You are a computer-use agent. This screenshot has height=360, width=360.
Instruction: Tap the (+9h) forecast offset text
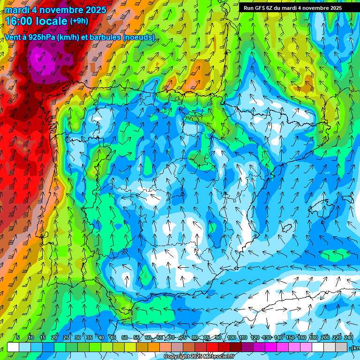[79, 21]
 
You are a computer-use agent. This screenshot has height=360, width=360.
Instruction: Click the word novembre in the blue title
[60, 9]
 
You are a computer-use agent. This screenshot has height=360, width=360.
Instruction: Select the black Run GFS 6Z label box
[292, 8]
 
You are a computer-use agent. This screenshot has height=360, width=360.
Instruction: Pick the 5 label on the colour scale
[18, 337]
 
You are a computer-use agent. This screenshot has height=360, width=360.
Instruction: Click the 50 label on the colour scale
[124, 337]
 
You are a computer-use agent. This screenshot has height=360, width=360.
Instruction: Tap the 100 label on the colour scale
[231, 337]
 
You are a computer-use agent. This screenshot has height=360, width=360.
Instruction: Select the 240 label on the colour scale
[349, 337]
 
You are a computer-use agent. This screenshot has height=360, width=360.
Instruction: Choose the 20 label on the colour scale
[54, 337]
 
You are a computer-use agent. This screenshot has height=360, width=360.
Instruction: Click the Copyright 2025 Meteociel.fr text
[199, 356]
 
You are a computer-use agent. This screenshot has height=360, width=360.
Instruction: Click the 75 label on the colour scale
[183, 337]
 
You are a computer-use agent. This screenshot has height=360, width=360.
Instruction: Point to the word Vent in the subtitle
[13, 37]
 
